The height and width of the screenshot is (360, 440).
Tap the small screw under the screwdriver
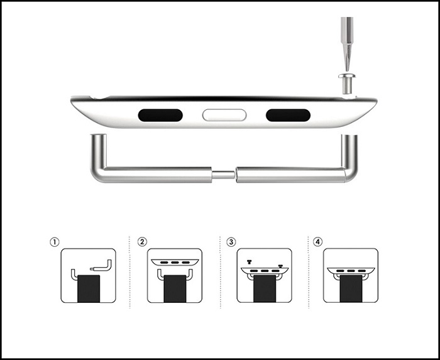tap(346, 84)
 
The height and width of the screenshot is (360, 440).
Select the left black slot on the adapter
tap(160, 115)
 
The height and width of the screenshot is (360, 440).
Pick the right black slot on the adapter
tap(288, 115)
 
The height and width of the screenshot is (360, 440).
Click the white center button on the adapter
tap(224, 115)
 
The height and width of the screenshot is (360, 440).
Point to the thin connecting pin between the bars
tap(223, 175)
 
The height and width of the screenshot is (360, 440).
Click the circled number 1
tap(55, 242)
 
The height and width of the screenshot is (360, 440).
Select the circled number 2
tap(142, 242)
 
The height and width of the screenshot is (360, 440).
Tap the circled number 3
tap(231, 242)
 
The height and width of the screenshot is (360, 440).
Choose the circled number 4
tap(317, 242)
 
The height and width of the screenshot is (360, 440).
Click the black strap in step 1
tap(89, 288)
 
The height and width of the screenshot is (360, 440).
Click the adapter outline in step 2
tap(175, 263)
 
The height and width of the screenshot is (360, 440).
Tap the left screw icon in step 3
tap(249, 262)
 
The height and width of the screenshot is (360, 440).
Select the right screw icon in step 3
tap(280, 266)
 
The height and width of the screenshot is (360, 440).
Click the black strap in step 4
tap(351, 288)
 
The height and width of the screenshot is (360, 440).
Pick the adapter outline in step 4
tap(351, 271)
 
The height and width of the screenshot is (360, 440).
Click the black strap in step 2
tap(175, 288)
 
